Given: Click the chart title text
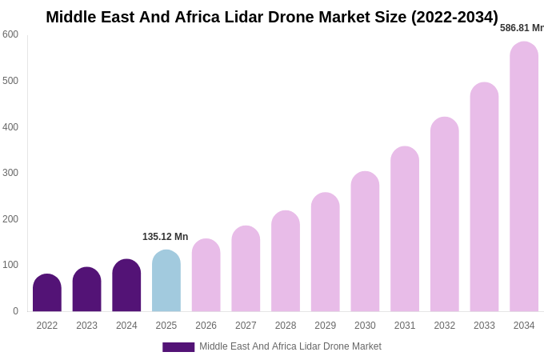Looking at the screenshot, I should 272,17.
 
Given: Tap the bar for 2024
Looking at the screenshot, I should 126,286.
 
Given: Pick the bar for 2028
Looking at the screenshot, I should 286,262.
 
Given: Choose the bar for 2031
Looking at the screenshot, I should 405,230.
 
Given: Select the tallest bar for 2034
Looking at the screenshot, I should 524,177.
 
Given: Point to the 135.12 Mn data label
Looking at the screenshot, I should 165,237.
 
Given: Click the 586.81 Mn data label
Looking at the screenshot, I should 522,28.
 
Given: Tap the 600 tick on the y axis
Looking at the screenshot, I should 10,34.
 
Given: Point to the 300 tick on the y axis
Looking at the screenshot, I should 10,173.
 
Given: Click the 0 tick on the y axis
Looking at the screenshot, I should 15,311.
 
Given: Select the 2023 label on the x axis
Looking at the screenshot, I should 86,326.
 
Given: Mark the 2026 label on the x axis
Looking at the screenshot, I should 206,326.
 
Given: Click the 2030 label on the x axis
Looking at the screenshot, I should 365,326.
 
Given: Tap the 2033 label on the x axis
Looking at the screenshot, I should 484,326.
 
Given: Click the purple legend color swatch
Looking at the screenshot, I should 178,347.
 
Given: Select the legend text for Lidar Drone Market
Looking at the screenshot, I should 290,346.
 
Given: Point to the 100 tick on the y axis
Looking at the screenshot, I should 10,265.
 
